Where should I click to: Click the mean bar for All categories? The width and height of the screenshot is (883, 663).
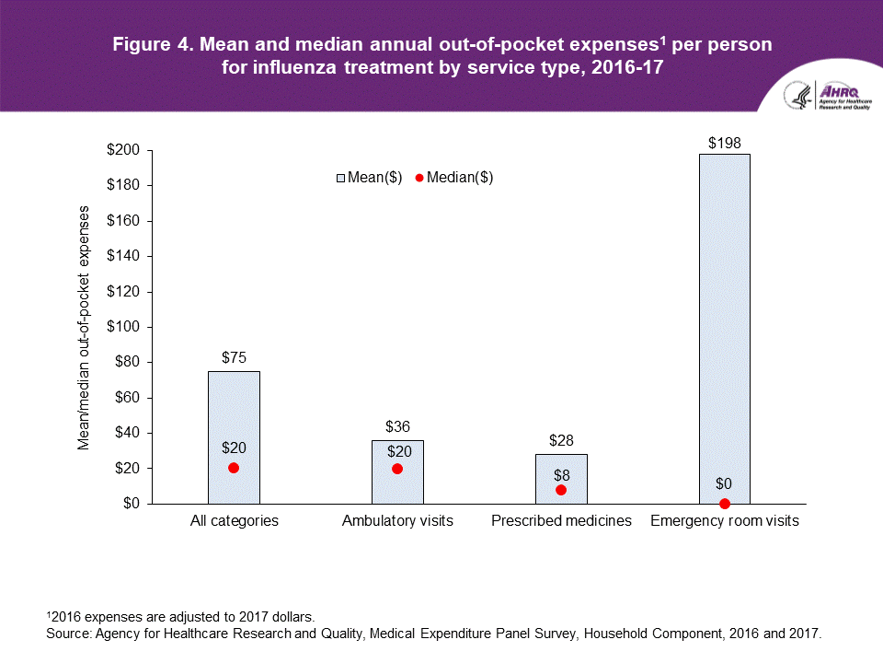coord(234,414)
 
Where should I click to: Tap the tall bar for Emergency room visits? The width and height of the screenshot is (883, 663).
coord(725,322)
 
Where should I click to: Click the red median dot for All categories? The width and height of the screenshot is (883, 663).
coord(234,468)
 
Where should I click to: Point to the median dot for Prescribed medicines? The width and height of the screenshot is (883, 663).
coord(561,490)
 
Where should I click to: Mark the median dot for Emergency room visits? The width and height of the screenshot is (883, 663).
coord(725,504)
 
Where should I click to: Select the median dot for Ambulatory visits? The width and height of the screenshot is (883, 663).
coord(397,469)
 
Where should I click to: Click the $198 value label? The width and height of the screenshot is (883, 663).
coord(725,143)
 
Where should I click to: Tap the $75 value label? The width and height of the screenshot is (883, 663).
coord(234,357)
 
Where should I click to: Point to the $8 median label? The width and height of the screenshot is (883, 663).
coord(561,475)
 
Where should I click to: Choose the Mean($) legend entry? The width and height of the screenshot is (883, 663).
coord(369,179)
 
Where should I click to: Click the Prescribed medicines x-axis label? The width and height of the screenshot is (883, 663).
coord(561,521)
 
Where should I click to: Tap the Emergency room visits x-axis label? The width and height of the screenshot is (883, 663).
coord(725,521)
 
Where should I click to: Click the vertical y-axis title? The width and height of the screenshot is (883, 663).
coord(84,327)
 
